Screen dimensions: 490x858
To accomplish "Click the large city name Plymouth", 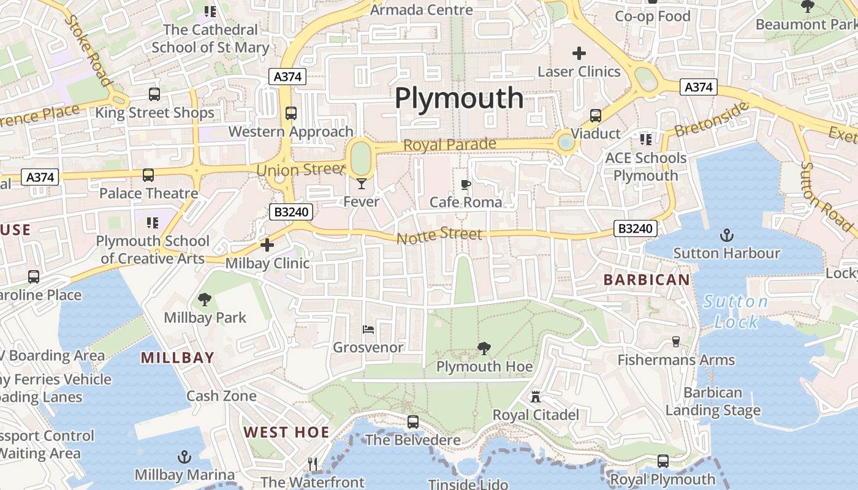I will (x=459, y=98).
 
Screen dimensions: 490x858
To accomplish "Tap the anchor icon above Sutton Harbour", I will (x=726, y=235).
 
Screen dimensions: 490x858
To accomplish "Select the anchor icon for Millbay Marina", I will (x=184, y=457).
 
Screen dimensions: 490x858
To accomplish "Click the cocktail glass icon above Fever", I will (x=362, y=183).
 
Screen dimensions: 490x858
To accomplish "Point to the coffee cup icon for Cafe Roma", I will (x=466, y=184).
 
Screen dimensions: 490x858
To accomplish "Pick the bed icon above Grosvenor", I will (x=368, y=330).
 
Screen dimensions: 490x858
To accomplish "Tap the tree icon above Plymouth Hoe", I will (x=484, y=349).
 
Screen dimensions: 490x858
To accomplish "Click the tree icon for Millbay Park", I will (x=205, y=300).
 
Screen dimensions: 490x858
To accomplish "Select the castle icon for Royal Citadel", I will (x=536, y=397).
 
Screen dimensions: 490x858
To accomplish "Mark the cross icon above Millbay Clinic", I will (x=267, y=246).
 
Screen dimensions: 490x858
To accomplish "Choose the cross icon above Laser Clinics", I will (x=579, y=53).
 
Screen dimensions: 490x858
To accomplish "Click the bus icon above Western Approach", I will (x=291, y=113).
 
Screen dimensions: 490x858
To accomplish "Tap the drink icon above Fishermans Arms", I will (x=676, y=341).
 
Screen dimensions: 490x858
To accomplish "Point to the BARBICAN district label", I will (x=647, y=280).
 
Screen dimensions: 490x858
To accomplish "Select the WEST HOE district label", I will (x=286, y=432).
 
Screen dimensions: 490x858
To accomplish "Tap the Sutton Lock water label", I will (x=735, y=312).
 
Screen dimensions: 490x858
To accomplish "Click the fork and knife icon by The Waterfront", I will (x=313, y=464).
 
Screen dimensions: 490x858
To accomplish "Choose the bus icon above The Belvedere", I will (x=413, y=422).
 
